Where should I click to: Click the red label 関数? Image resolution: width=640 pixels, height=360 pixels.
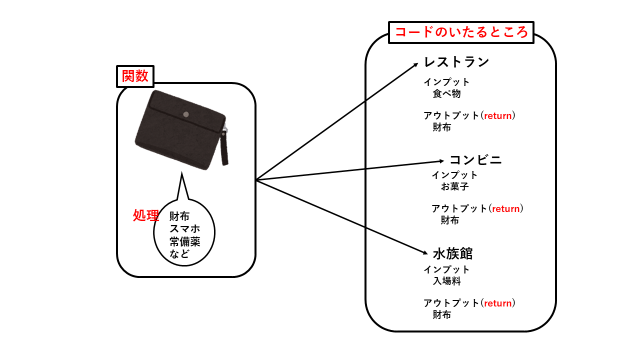pyautogui.click(x=135, y=76)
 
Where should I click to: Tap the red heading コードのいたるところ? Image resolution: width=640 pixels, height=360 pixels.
pyautogui.click(x=461, y=32)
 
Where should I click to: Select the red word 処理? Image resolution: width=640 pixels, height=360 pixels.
pyautogui.click(x=146, y=215)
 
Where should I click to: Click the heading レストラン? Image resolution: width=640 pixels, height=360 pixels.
pyautogui.click(x=456, y=62)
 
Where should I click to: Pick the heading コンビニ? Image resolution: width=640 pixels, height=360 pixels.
pyautogui.click(x=475, y=160)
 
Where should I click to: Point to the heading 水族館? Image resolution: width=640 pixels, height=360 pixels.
pyautogui.click(x=452, y=253)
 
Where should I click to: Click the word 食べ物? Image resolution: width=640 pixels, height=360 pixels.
pyautogui.click(x=446, y=94)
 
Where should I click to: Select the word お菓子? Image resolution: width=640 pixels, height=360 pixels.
pyautogui.click(x=454, y=187)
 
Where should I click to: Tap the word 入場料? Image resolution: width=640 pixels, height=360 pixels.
pyautogui.click(x=446, y=281)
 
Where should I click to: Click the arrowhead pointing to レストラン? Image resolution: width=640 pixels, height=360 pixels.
pyautogui.click(x=415, y=64)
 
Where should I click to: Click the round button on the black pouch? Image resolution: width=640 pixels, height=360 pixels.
pyautogui.click(x=186, y=114)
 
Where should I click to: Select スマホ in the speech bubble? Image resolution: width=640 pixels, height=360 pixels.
pyautogui.click(x=184, y=228)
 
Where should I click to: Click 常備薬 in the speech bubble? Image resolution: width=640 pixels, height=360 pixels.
pyautogui.click(x=184, y=241)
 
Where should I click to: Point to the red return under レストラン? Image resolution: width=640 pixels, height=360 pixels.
pyautogui.click(x=497, y=116)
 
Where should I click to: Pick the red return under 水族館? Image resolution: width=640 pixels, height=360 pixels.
pyautogui.click(x=497, y=303)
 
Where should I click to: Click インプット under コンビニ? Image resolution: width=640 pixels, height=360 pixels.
pyautogui.click(x=454, y=175)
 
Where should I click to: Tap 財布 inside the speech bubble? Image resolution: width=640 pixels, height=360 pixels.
pyautogui.click(x=179, y=216)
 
